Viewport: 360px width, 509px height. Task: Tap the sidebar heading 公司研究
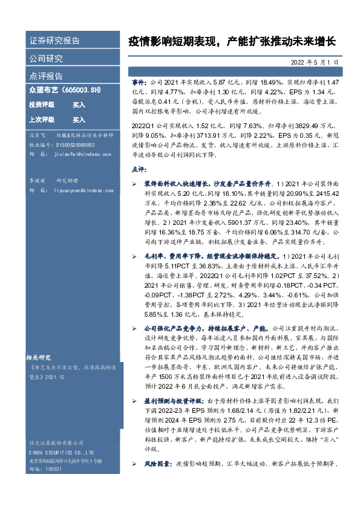click(x=46, y=59)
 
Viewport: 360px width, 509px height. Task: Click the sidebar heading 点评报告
click(x=46, y=76)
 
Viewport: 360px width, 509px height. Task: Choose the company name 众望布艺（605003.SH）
click(x=64, y=89)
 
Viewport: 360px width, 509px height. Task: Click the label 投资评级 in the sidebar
click(x=42, y=105)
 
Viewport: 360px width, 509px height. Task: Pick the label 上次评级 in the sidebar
click(x=42, y=120)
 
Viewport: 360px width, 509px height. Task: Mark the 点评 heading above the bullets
click(x=139, y=169)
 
